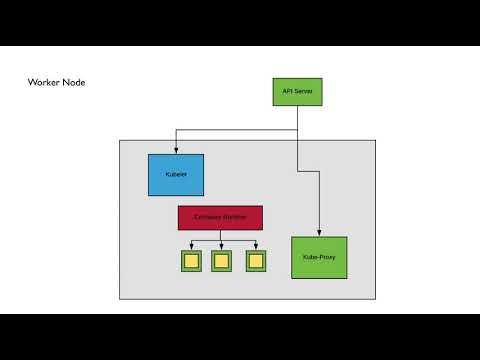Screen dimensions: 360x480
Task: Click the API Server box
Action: (297, 92)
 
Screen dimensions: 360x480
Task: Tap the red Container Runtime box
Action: (220, 218)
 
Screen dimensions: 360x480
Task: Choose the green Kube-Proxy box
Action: (319, 258)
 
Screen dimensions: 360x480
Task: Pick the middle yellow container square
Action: (222, 261)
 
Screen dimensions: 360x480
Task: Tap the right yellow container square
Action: (255, 261)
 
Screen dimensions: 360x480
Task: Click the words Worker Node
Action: (56, 82)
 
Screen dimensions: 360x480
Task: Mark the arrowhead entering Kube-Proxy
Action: (319, 233)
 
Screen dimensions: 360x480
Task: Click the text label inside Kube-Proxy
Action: (319, 258)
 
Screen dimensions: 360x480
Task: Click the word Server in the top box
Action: (303, 92)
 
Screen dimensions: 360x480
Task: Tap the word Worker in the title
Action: (44, 82)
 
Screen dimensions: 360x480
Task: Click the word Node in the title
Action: (74, 82)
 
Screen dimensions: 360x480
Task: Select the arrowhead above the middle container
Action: (222, 246)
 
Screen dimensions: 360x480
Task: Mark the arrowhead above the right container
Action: (255, 246)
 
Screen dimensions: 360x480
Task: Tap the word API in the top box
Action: (287, 92)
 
